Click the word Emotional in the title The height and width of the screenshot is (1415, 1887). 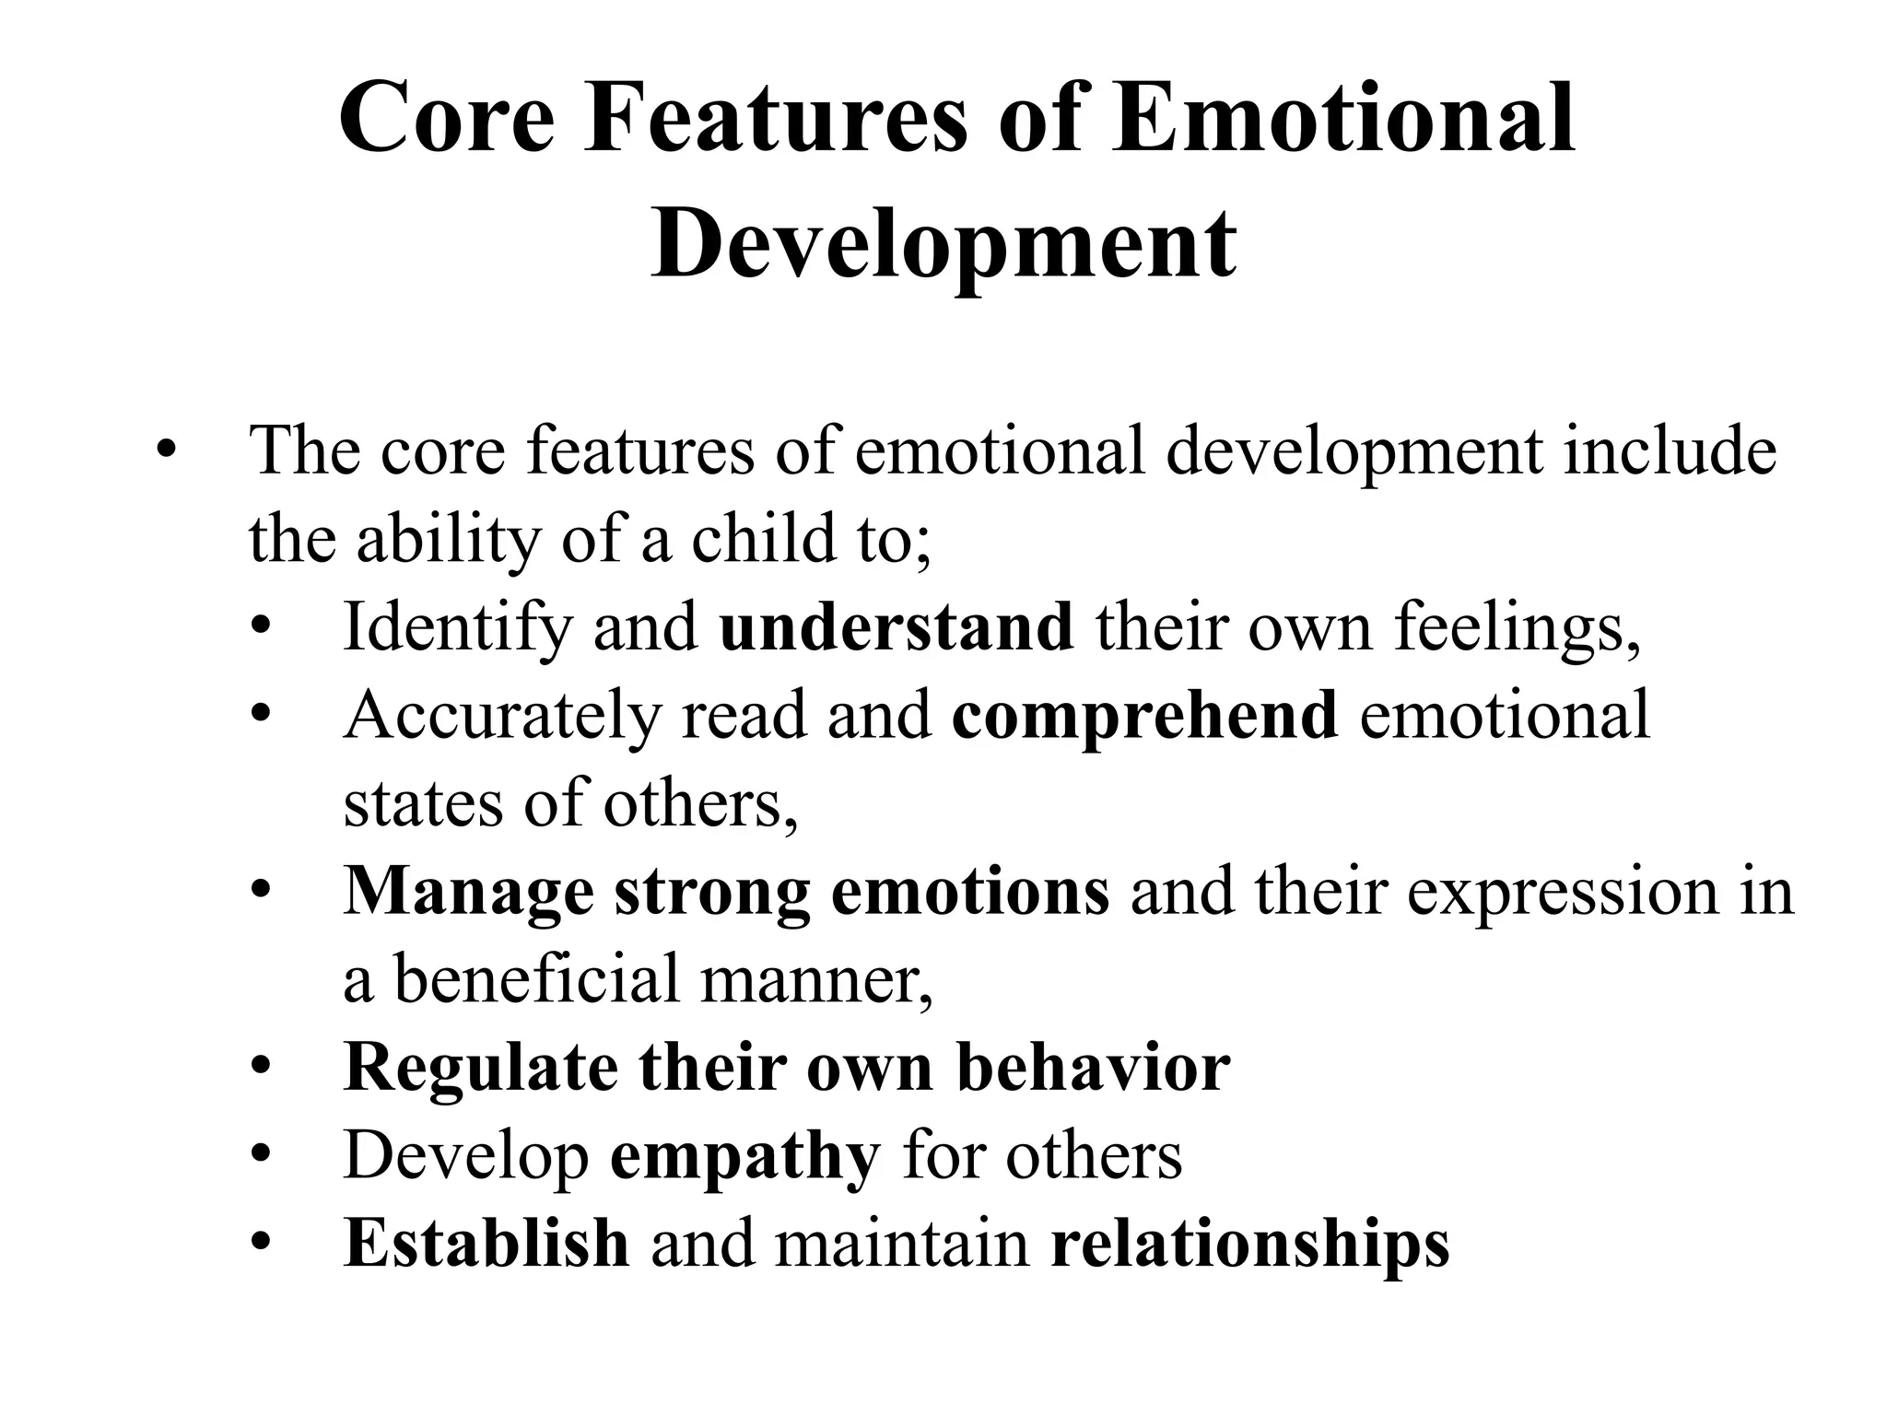(1344, 121)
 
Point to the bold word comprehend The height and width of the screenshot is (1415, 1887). (1144, 715)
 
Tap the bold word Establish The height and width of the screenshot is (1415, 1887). (486, 1244)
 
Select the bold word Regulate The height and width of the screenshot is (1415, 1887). (481, 1068)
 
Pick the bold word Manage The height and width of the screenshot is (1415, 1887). (469, 892)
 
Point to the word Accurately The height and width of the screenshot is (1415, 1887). (502, 715)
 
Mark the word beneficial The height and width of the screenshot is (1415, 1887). (537, 978)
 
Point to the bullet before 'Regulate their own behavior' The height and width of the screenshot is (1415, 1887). (262, 1068)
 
